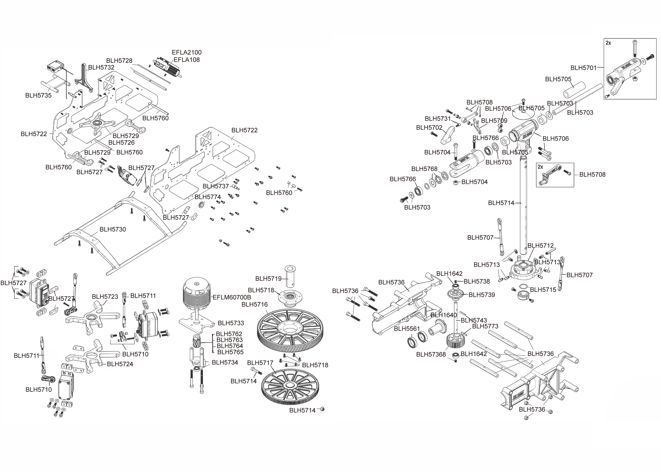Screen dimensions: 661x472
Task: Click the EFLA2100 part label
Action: pyautogui.click(x=187, y=52)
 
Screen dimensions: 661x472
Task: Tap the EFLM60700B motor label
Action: pyautogui.click(x=232, y=297)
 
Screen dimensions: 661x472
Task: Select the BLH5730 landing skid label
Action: pyautogui.click(x=113, y=229)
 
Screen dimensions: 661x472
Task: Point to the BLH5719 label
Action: pyautogui.click(x=269, y=279)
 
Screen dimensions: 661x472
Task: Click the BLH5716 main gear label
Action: pyautogui.click(x=255, y=304)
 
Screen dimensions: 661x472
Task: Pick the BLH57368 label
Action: pyautogui.click(x=431, y=354)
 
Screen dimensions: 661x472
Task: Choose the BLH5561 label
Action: pyautogui.click(x=407, y=329)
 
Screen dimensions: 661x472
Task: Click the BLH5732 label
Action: pyautogui.click(x=101, y=67)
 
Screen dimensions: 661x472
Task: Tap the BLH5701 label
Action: pyautogui.click(x=583, y=68)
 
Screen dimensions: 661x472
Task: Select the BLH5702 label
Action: pyautogui.click(x=429, y=128)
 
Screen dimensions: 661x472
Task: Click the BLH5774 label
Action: pyautogui.click(x=208, y=197)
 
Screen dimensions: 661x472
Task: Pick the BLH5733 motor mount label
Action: pyautogui.click(x=231, y=323)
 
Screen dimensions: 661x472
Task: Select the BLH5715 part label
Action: pyautogui.click(x=543, y=290)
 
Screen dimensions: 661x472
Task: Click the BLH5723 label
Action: pyautogui.click(x=105, y=297)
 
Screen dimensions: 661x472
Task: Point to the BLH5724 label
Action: pyautogui.click(x=120, y=364)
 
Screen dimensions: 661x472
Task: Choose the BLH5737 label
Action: pyautogui.click(x=216, y=186)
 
